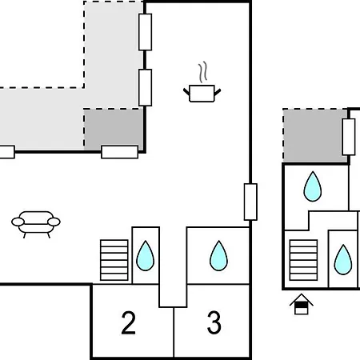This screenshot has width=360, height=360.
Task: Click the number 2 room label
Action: pos(129,322)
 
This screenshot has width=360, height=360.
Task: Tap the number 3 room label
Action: pos(214,322)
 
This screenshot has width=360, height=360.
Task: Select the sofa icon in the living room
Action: pos(36,224)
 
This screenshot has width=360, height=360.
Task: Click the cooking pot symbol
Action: pos(202,93)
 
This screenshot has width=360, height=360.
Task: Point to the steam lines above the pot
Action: pos(202,72)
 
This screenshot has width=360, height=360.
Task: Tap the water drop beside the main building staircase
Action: pos(145,256)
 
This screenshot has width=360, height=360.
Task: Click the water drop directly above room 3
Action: pos(218,256)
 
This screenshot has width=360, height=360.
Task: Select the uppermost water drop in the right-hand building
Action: pos(313,186)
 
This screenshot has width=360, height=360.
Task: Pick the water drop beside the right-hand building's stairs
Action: pos(343,260)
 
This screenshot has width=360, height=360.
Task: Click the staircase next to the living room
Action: pos(114,260)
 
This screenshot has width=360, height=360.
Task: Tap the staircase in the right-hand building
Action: pos(303,260)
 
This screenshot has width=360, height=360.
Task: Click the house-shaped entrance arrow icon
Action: pos(302,304)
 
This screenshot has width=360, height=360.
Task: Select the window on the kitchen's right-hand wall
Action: pos(250,202)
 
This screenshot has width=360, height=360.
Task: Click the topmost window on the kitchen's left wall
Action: pos(146,32)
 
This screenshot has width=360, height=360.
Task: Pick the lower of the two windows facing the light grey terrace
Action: pos(146,87)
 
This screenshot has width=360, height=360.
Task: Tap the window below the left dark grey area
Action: pos(120,152)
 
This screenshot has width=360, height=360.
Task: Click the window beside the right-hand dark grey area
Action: pos(349,137)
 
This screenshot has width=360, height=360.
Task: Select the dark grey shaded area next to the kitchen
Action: pos(114,130)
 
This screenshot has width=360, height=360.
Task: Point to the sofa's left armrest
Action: pos(18,222)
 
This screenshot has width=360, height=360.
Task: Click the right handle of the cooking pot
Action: pos(218,92)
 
